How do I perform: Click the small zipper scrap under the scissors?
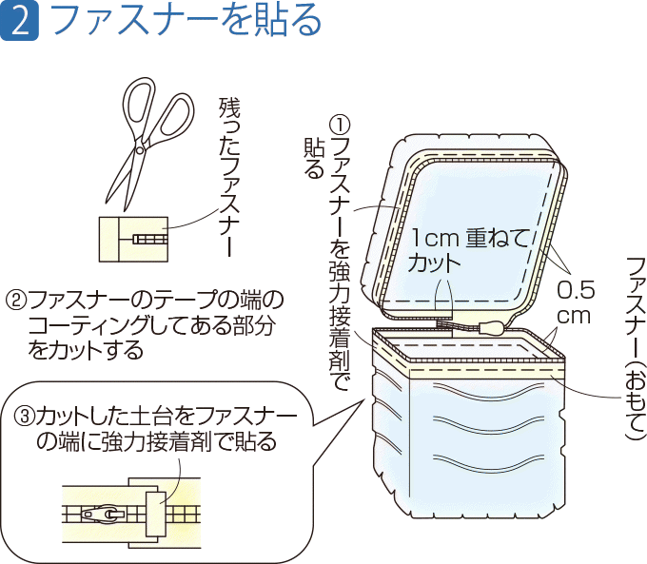(133, 238)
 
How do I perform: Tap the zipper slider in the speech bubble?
(102, 515)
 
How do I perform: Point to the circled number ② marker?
(14, 302)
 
